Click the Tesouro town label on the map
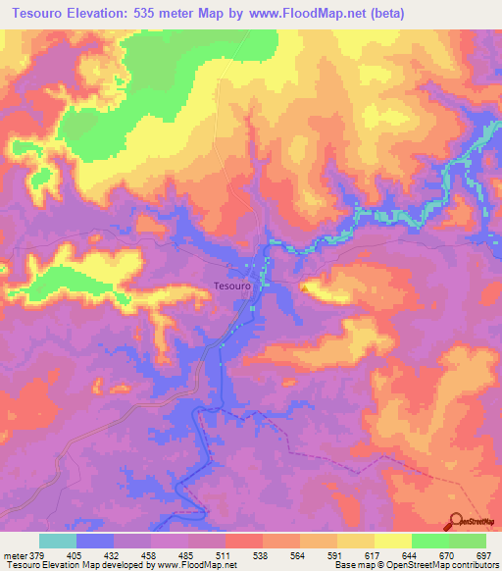point(232,285)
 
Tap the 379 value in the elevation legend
point(37,554)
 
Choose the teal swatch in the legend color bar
point(58,541)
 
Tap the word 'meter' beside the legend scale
point(14,554)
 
